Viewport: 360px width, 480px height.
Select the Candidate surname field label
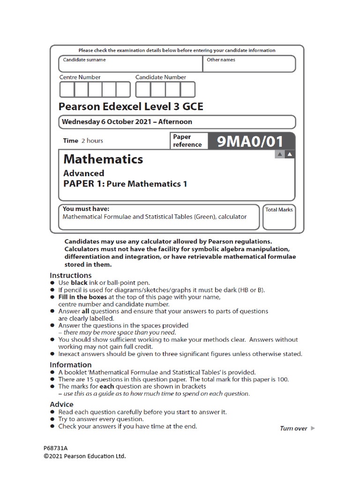click(84, 60)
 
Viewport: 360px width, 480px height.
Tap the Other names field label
click(221, 60)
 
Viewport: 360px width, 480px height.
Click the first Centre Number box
click(67, 89)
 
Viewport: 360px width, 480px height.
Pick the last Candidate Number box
click(187, 89)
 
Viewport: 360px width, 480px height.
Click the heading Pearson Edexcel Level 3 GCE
click(131, 106)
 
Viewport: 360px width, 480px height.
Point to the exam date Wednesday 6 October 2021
click(106, 122)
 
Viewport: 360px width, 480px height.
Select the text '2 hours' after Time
click(92, 141)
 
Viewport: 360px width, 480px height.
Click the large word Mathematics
click(103, 159)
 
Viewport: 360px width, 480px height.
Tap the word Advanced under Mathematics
click(84, 173)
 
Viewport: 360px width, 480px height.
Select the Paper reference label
click(187, 141)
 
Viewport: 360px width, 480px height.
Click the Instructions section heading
click(71, 275)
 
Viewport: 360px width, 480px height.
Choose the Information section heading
click(71, 365)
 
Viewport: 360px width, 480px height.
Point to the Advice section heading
click(62, 404)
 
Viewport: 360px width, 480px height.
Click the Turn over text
click(293, 428)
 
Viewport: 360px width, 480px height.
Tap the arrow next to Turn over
click(313, 428)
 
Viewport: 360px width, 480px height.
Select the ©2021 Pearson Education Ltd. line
click(85, 456)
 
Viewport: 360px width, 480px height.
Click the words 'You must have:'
click(86, 209)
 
